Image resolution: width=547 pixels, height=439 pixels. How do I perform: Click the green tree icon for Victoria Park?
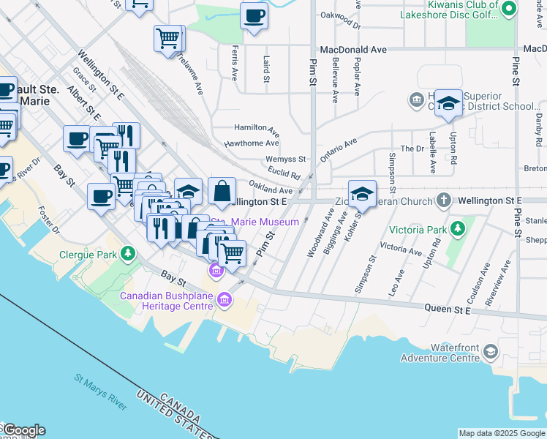pos(458,229)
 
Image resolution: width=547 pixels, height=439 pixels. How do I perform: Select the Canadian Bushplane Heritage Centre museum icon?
pos(225,299)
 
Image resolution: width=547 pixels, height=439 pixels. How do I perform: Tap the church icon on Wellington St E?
pos(443,200)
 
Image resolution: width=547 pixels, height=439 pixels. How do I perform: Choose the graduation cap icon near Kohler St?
pos(362,193)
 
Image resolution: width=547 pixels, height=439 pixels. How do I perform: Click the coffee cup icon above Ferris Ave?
pos(254,15)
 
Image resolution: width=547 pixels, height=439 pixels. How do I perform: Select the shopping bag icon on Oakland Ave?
pos(222,191)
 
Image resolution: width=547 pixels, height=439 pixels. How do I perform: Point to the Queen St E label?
pos(448,309)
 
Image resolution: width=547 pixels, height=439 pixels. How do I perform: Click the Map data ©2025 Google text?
pos(502,433)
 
